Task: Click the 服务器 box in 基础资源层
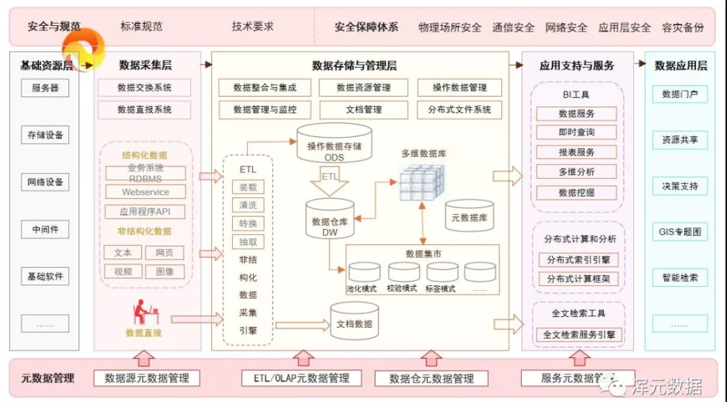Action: click(x=45, y=89)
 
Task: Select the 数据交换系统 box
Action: click(x=144, y=88)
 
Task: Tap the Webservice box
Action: click(x=146, y=192)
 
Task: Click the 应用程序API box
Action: click(x=146, y=212)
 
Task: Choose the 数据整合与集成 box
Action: click(x=264, y=88)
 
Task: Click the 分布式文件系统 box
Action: click(x=459, y=110)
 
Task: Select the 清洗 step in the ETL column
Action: click(x=248, y=205)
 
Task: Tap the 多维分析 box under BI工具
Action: click(x=576, y=172)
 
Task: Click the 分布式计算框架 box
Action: click(x=576, y=279)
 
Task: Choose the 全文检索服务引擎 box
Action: click(x=579, y=335)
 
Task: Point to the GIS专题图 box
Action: click(x=679, y=232)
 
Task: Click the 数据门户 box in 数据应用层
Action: click(x=679, y=94)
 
